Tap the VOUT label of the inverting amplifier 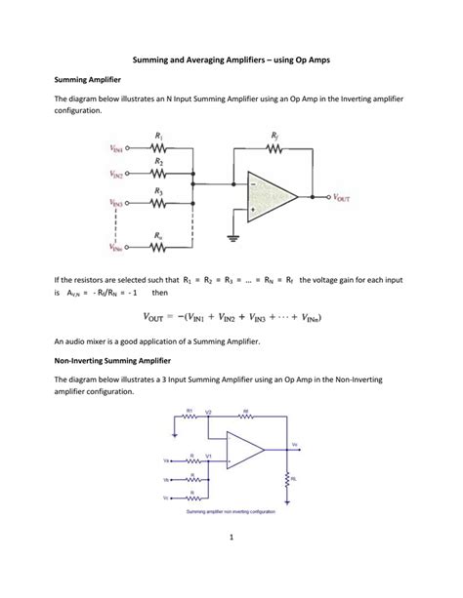347,196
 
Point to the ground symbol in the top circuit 232,236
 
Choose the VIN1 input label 118,150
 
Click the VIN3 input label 118,204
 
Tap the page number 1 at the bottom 231,564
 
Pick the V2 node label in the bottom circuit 208,413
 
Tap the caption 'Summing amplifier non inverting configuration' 231,511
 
